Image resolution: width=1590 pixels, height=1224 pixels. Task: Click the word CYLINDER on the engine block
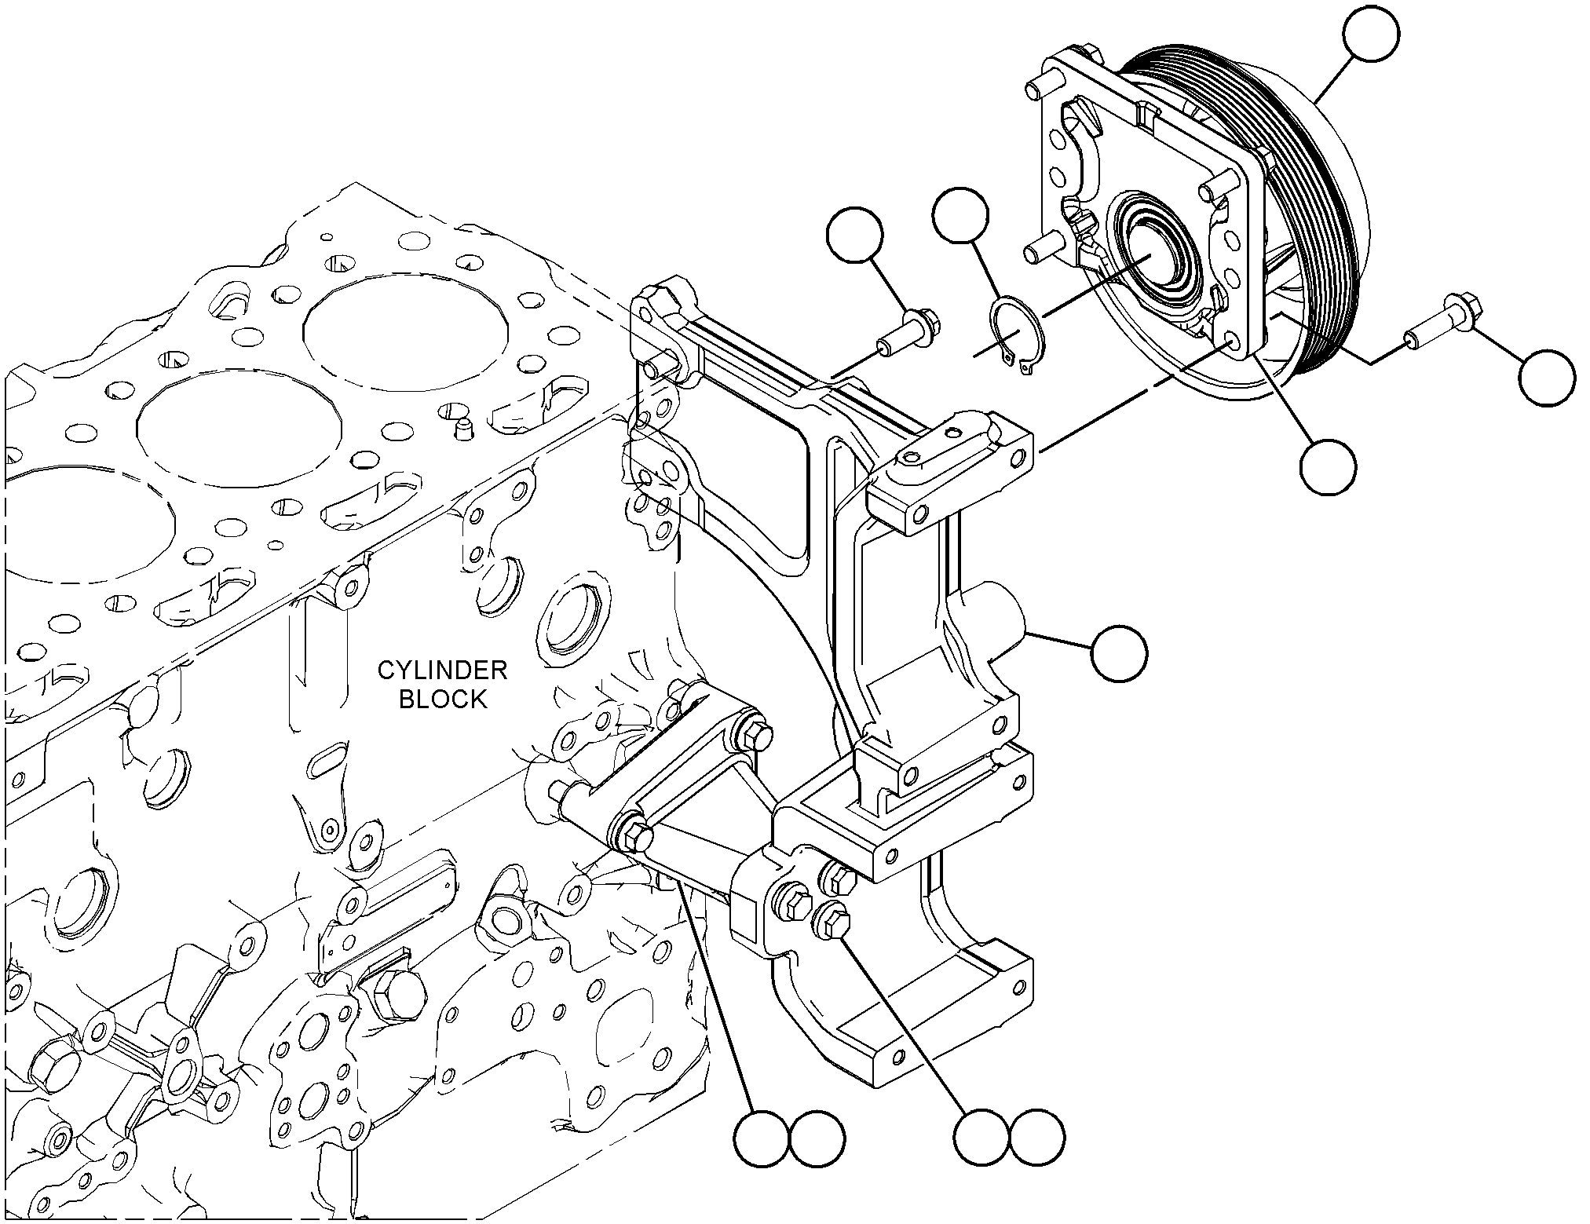click(x=442, y=670)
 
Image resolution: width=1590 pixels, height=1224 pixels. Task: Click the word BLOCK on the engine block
click(x=443, y=699)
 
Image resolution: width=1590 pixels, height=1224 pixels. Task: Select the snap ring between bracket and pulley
click(x=1013, y=335)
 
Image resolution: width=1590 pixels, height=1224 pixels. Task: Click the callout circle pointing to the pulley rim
click(x=1371, y=35)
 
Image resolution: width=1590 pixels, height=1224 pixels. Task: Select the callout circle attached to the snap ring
click(x=960, y=214)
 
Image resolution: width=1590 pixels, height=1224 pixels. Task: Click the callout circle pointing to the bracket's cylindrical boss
click(x=1118, y=652)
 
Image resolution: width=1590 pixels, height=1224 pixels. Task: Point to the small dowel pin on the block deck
click(x=464, y=428)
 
